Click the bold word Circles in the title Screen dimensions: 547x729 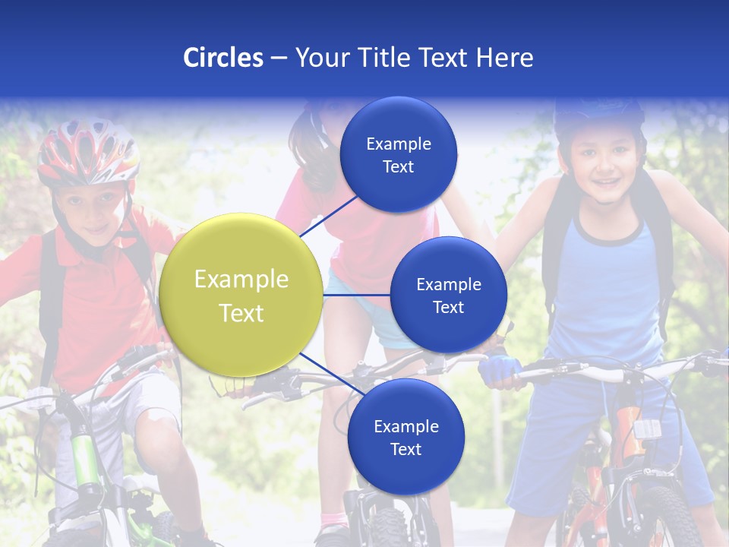click(x=222, y=58)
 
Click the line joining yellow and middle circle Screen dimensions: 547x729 click(x=357, y=295)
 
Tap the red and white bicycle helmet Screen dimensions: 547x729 click(x=88, y=152)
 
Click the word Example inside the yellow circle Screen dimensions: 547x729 click(x=241, y=280)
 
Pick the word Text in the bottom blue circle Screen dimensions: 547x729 click(x=406, y=450)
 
